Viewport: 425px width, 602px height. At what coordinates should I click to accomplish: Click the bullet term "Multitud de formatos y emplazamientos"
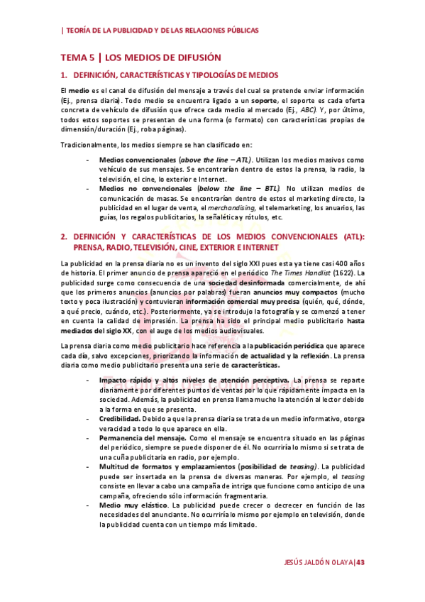pyautogui.click(x=182, y=466)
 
